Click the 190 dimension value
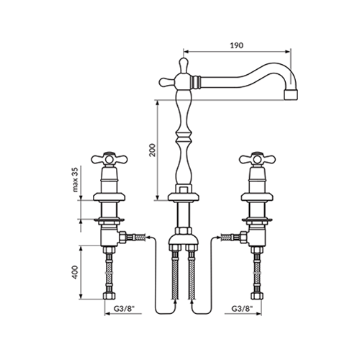tap(237, 45)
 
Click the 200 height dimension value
tap(152, 150)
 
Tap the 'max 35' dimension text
tap(76, 179)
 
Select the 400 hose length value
tap(76, 272)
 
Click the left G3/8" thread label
tap(123, 309)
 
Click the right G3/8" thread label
tap(243, 309)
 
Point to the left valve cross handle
tap(109, 159)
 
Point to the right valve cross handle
tap(257, 159)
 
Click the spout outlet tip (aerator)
tap(292, 94)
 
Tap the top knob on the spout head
tap(184, 65)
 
